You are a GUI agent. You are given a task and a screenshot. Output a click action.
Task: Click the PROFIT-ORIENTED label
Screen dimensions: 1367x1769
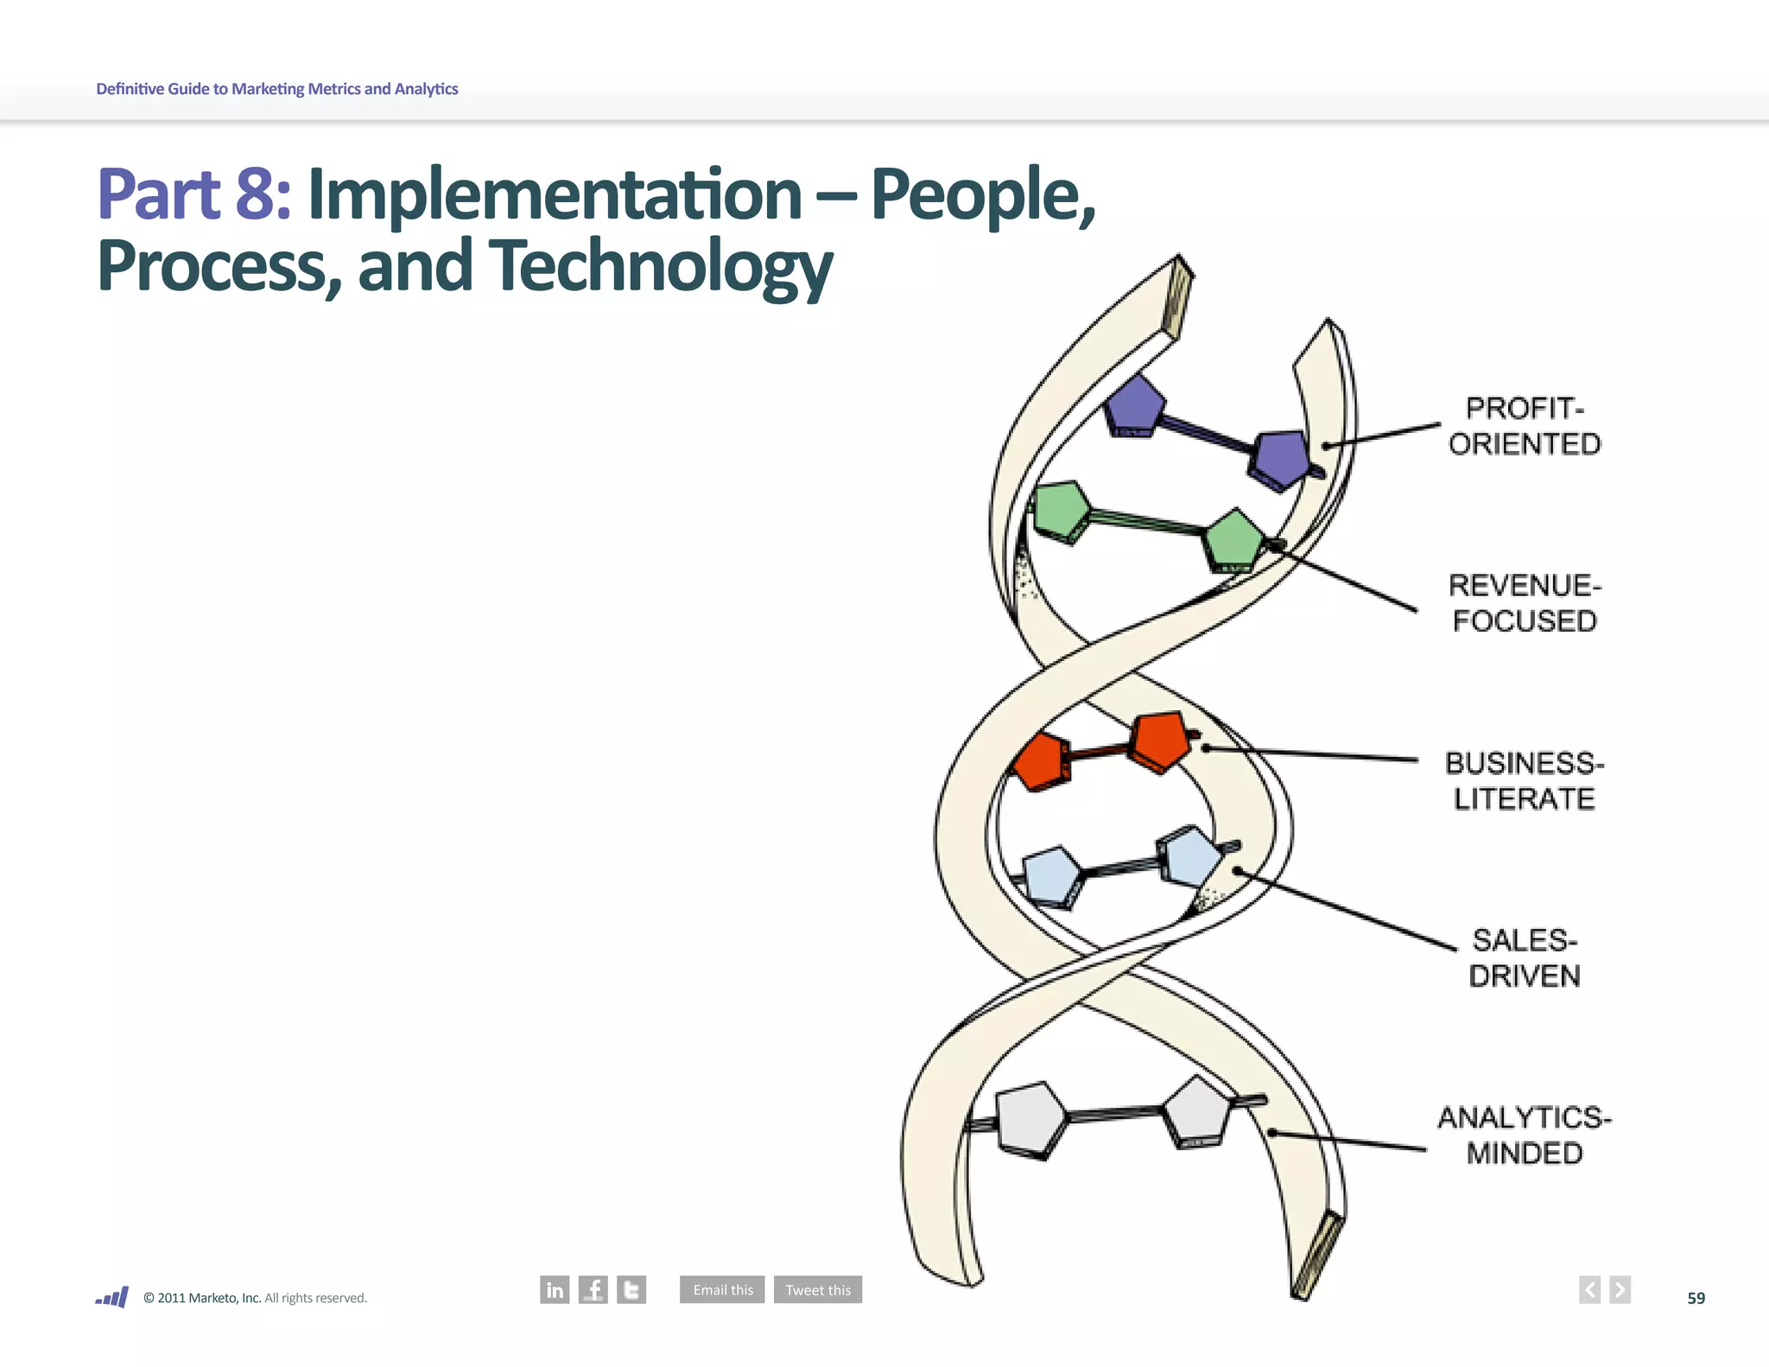pyautogui.click(x=1525, y=426)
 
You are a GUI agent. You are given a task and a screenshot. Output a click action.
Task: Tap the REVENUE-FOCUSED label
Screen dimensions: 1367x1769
pyautogui.click(x=1525, y=603)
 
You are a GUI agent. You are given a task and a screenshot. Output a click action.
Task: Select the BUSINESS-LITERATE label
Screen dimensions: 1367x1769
pyautogui.click(x=1525, y=781)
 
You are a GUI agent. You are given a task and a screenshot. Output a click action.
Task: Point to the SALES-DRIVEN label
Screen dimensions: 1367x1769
pyautogui.click(x=1525, y=958)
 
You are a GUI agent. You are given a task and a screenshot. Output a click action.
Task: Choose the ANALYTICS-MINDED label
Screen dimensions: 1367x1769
pyautogui.click(x=1525, y=1135)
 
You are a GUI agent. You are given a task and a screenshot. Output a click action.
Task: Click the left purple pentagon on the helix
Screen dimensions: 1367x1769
pyautogui.click(x=1134, y=406)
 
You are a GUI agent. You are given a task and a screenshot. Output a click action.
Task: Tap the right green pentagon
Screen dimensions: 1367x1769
pyautogui.click(x=1234, y=540)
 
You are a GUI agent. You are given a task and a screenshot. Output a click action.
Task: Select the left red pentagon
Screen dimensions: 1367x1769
pyautogui.click(x=1042, y=760)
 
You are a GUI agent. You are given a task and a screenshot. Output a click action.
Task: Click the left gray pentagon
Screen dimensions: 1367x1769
pyautogui.click(x=1031, y=1119)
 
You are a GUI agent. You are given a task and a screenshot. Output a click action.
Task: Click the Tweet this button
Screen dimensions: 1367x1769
pyautogui.click(x=818, y=1290)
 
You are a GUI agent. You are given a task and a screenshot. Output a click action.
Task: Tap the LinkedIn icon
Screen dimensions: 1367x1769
pyautogui.click(x=555, y=1290)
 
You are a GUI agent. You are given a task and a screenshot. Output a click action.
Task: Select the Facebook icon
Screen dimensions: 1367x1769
pyautogui.click(x=593, y=1290)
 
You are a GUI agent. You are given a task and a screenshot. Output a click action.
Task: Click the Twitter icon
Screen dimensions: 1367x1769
pyautogui.click(x=631, y=1290)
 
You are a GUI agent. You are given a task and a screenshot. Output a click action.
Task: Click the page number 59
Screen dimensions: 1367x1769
pyautogui.click(x=1696, y=1298)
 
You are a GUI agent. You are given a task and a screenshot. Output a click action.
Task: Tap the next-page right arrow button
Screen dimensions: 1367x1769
pyautogui.click(x=1620, y=1290)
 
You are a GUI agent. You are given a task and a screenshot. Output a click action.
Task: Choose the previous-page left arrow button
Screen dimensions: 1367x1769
pyautogui.click(x=1589, y=1290)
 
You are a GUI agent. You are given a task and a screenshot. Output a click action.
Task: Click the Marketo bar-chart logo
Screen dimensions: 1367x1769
pyautogui.click(x=112, y=1297)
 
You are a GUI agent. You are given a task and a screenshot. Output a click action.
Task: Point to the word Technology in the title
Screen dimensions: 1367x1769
pyautogui.click(x=661, y=266)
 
